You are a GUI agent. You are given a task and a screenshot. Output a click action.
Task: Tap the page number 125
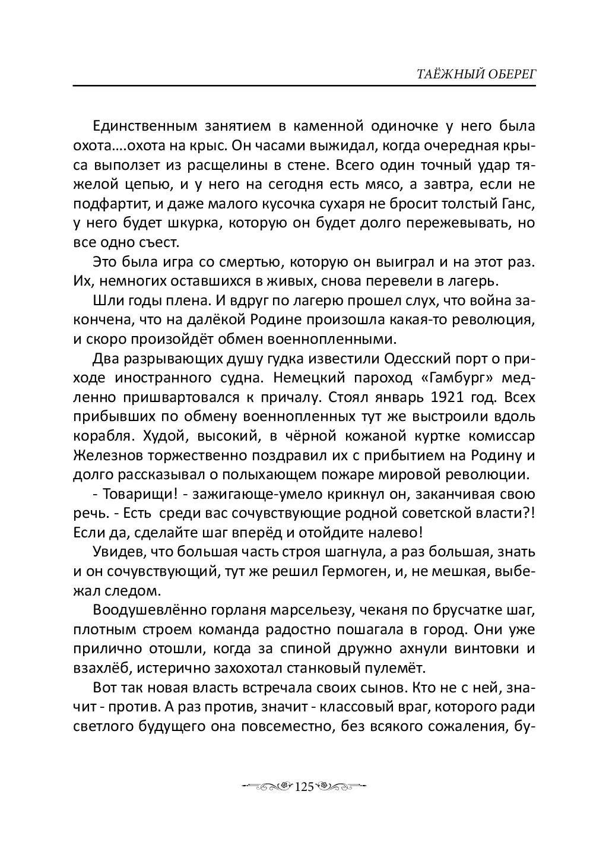pyautogui.click(x=303, y=787)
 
